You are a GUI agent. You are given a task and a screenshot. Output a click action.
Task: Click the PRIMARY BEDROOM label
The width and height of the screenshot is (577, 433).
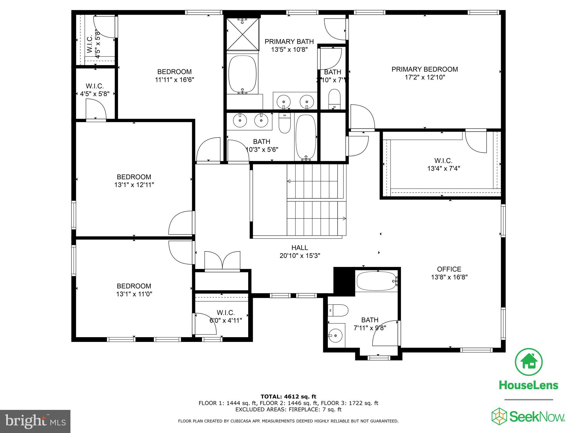(425, 69)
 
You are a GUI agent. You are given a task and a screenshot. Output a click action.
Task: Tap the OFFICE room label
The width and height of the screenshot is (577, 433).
(449, 269)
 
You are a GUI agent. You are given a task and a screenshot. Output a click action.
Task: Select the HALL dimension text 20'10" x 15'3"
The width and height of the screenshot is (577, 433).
(300, 256)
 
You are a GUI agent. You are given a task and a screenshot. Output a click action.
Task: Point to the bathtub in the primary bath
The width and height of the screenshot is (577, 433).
(242, 74)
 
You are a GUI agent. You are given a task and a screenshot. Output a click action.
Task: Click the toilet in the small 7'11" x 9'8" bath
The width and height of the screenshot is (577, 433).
(338, 310)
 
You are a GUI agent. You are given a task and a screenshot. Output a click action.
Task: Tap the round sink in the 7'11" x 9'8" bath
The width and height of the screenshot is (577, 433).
(335, 335)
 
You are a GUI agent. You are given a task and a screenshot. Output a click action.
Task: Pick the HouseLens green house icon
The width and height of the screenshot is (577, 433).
(529, 362)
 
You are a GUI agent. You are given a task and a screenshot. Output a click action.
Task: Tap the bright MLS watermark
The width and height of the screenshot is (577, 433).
(35, 421)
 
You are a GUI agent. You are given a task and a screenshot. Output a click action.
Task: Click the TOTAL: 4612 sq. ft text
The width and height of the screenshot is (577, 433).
(288, 397)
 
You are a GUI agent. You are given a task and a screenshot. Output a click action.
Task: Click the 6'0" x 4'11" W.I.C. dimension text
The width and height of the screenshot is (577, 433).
(226, 321)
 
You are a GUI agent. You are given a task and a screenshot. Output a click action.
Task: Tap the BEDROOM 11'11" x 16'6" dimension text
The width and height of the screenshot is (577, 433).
(174, 80)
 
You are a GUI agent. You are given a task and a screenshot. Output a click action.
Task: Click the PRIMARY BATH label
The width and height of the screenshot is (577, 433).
(289, 42)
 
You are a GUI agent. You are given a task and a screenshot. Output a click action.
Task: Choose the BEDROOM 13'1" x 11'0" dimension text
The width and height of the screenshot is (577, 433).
(134, 294)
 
